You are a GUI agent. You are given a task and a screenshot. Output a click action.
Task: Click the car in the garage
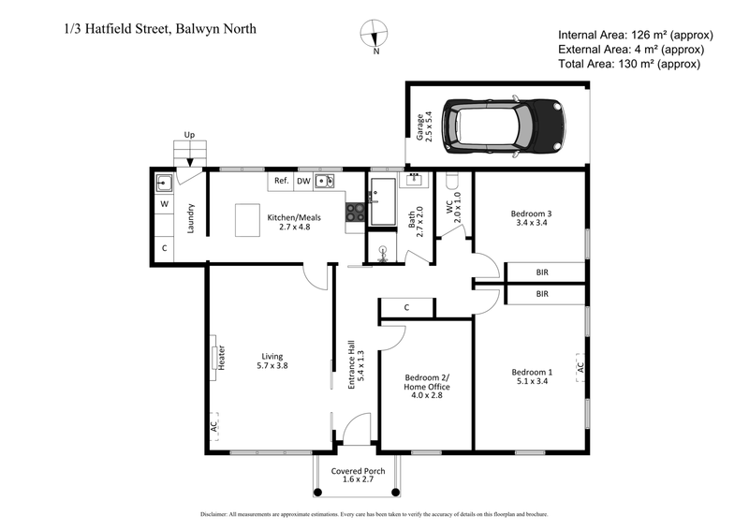(501, 125)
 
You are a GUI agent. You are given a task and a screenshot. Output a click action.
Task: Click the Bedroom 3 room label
(534, 217)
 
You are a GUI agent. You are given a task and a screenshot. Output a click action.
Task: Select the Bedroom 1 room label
(534, 376)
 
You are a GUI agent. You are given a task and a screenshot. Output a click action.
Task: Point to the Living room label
(272, 361)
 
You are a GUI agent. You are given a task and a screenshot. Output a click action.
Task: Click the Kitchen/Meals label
(295, 222)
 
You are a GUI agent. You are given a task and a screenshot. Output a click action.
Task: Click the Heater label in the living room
(222, 357)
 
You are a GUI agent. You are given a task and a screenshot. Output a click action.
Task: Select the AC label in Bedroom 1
(580, 368)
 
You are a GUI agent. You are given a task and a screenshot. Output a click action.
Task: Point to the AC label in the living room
(214, 425)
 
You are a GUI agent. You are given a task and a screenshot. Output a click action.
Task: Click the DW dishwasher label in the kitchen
(303, 182)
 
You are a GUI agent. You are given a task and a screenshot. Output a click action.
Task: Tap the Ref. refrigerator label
(280, 182)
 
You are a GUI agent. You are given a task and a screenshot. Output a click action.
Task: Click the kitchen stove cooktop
(355, 213)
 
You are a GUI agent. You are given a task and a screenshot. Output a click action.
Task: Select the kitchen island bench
(248, 222)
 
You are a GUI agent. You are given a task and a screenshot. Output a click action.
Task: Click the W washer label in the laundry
(163, 203)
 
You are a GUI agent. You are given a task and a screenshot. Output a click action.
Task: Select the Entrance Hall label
(355, 363)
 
